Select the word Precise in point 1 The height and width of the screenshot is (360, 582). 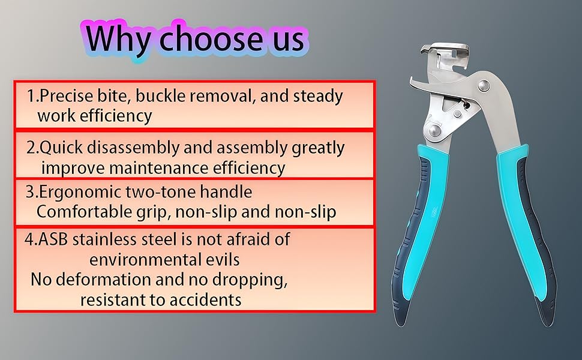pos(65,96)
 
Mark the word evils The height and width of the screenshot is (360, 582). pos(224,259)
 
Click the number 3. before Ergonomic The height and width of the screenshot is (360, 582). pos(32,192)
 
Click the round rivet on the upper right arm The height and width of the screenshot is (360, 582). pos(483,86)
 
